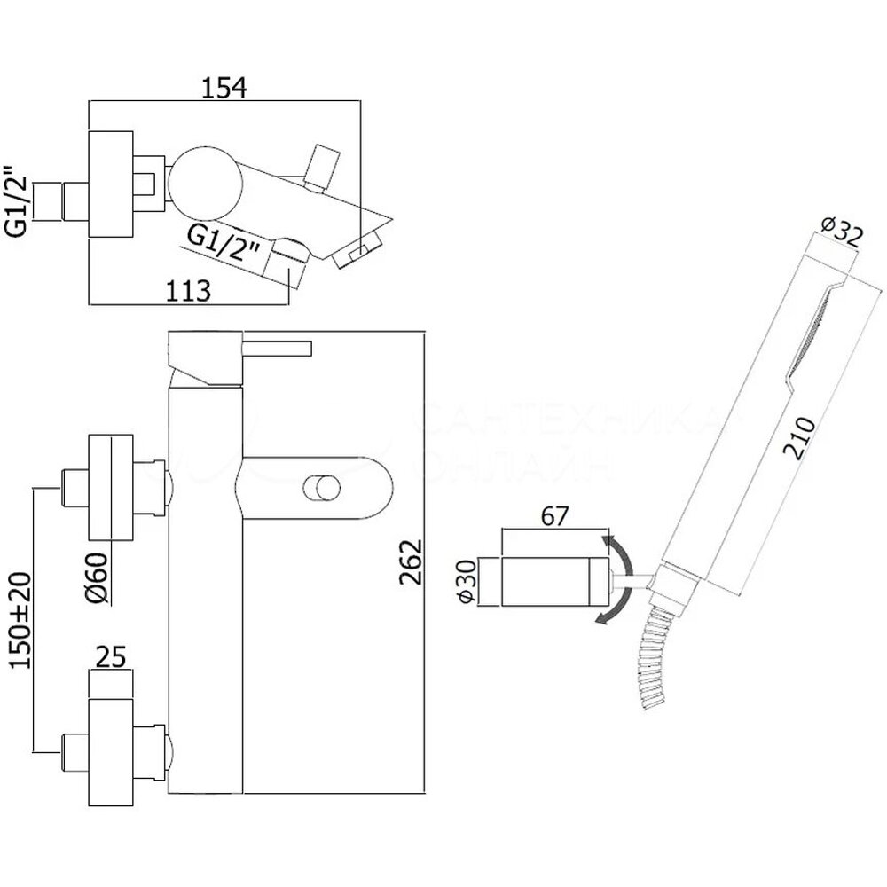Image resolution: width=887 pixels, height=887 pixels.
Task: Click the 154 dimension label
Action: point(223,88)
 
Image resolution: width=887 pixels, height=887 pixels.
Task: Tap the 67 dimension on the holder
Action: point(553,516)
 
